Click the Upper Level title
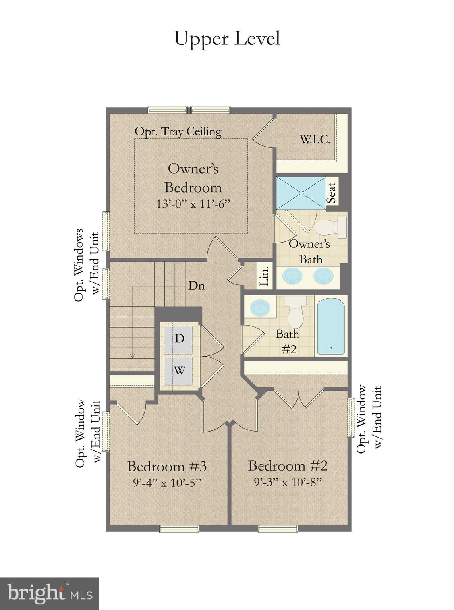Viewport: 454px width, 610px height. [227, 39]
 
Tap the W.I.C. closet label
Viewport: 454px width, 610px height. [315, 140]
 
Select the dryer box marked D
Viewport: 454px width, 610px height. [179, 339]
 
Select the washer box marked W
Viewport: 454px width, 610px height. [179, 371]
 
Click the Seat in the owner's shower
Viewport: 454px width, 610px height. [332, 192]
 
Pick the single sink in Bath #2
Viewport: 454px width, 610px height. [260, 307]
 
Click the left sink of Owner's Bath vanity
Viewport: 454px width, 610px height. [293, 276]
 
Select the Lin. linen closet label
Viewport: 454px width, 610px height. [265, 275]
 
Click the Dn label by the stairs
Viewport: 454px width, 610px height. [196, 285]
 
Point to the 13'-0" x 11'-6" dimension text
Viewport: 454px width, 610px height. [193, 204]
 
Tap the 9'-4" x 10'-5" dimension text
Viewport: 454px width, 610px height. [167, 483]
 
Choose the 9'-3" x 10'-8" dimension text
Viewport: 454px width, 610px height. [288, 482]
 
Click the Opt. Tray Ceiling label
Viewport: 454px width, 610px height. [178, 131]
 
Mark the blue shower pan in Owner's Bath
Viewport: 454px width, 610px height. [301, 193]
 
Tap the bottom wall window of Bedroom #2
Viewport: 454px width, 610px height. [278, 528]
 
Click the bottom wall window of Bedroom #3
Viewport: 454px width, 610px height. [179, 528]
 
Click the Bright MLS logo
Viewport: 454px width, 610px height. [49, 594]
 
